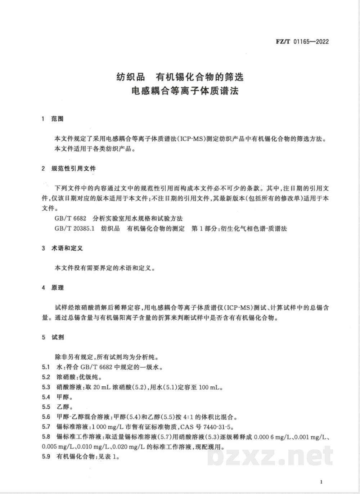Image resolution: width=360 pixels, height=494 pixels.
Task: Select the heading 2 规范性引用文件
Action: [x=69, y=169]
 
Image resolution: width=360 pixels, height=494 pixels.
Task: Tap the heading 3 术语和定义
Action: [x=62, y=248]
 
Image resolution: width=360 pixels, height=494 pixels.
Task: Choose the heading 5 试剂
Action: [x=53, y=337]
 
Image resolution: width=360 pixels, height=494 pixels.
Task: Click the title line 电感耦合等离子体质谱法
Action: [x=185, y=90]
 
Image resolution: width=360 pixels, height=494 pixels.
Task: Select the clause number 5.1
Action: [x=45, y=368]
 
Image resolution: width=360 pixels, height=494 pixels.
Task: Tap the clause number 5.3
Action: [x=45, y=387]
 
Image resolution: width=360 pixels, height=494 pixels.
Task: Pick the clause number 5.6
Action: [x=45, y=417]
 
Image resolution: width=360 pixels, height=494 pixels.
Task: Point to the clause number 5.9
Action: [x=45, y=457]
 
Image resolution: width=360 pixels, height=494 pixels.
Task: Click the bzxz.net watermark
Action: [x=270, y=456]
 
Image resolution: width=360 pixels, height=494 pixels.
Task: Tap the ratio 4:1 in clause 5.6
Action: [x=183, y=418]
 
